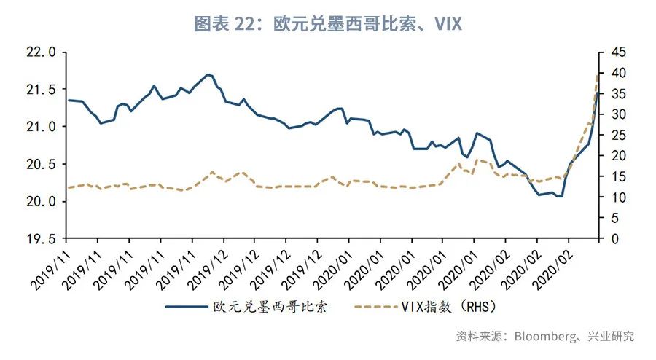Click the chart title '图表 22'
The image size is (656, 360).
click(x=222, y=23)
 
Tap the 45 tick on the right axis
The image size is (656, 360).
click(x=618, y=52)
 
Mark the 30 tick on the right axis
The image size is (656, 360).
click(x=618, y=114)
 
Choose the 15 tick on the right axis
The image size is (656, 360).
click(x=618, y=176)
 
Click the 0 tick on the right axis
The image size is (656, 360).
click(x=614, y=238)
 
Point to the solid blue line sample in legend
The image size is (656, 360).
click(x=187, y=306)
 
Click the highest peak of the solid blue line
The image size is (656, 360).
click(x=208, y=74)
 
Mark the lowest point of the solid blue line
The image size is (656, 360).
click(x=559, y=196)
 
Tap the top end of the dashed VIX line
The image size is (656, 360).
click(x=598, y=74)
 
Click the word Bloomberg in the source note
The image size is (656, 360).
click(x=544, y=336)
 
